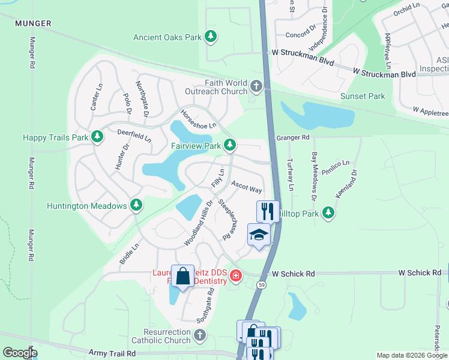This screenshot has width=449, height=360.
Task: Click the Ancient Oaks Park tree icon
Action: pyautogui.click(x=210, y=37)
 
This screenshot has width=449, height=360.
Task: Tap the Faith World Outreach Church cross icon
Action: pyautogui.click(x=256, y=87)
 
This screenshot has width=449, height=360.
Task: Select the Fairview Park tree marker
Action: pyautogui.click(x=229, y=145)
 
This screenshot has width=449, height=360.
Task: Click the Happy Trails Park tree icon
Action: pyautogui.click(x=97, y=137)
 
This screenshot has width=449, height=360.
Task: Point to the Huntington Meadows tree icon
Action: pyautogui.click(x=136, y=206)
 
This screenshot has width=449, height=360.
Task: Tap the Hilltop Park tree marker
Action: pyautogui.click(x=328, y=212)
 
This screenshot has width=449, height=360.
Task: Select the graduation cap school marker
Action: pyautogui.click(x=259, y=235)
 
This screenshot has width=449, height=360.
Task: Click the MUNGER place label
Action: pyautogui.click(x=34, y=23)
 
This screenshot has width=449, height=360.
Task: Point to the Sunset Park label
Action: pyautogui.click(x=363, y=96)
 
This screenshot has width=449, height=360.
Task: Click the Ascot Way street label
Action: pyautogui.click(x=247, y=188)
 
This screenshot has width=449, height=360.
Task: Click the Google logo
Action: pyautogui.click(x=20, y=353)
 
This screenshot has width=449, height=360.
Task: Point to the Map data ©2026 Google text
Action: pyautogui.click(x=411, y=355)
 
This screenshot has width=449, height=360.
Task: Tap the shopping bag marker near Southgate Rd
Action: pyautogui.click(x=183, y=277)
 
